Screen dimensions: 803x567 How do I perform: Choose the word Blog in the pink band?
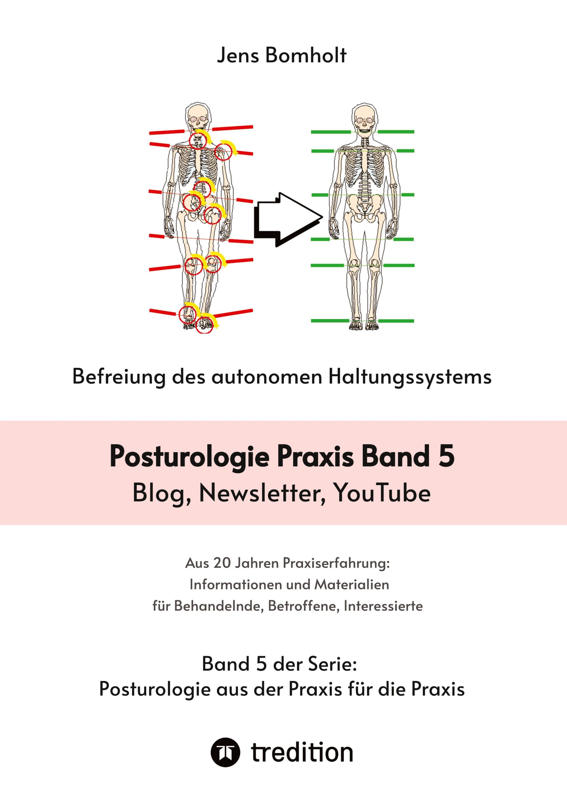click(x=161, y=494)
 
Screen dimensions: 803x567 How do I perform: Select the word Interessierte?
click(x=383, y=606)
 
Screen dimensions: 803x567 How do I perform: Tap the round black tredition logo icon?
click(x=225, y=752)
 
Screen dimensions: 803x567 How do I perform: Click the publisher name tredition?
click(x=302, y=752)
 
